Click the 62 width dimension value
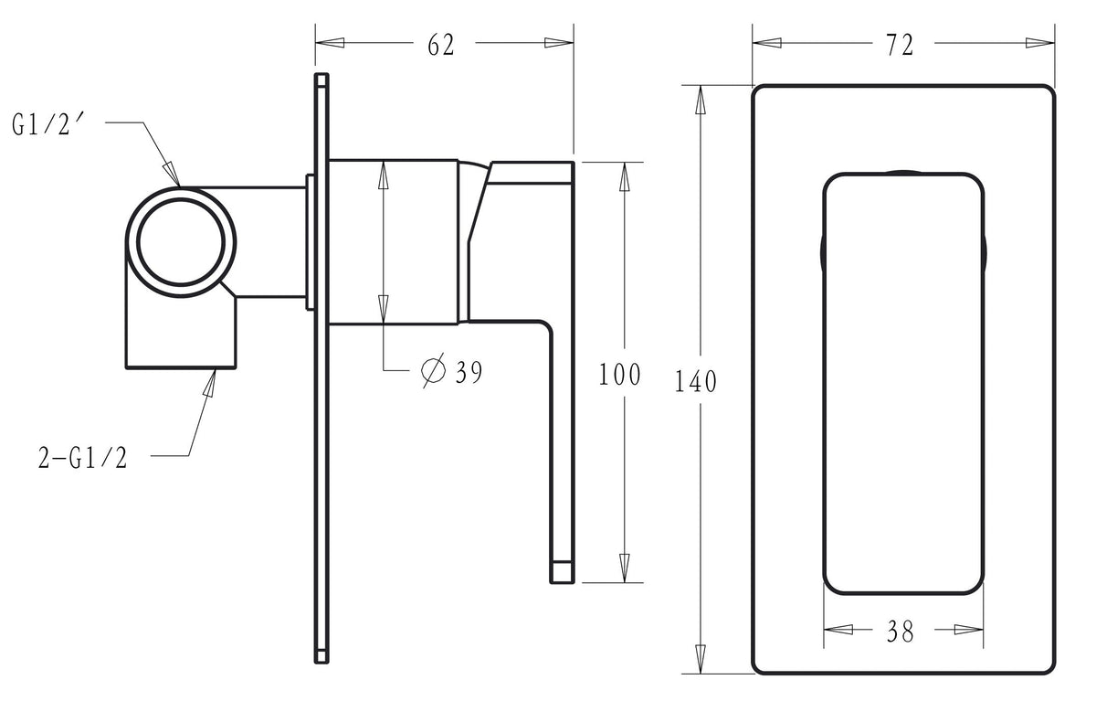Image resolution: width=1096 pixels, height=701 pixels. pos(441,45)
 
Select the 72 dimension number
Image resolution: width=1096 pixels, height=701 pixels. pos(900,45)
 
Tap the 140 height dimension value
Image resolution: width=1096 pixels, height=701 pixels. pos(696,382)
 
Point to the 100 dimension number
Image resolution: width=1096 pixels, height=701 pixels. pos(619,375)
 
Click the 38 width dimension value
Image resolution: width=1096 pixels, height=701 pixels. pos(900,632)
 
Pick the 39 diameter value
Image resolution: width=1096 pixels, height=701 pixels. pos(469,373)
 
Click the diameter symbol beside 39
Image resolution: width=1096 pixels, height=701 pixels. pos(433,370)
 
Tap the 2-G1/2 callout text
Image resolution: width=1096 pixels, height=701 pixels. pos(83,459)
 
